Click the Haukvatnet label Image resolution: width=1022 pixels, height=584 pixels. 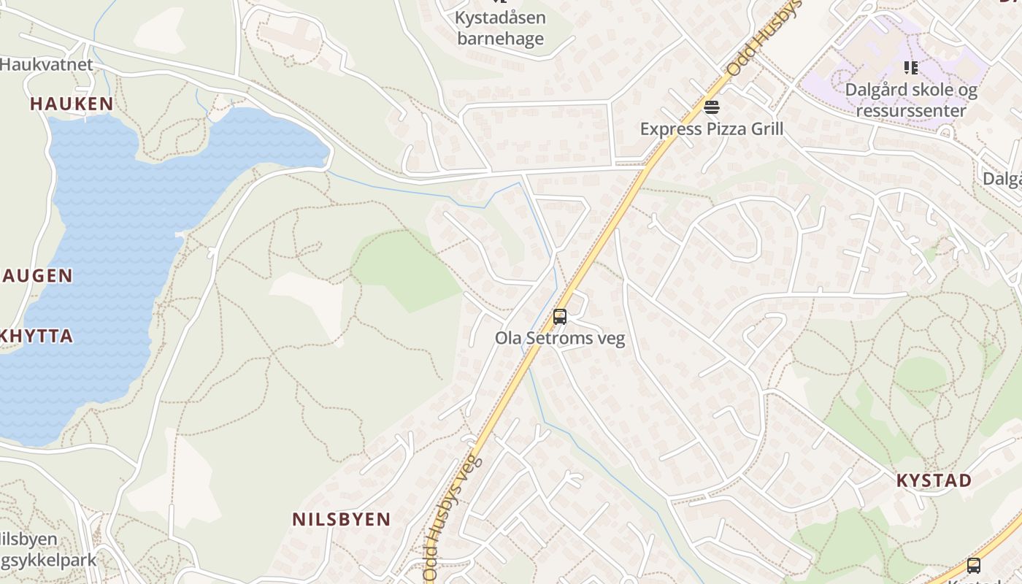[x=47, y=64]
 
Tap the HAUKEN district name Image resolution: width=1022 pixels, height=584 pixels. [x=72, y=104]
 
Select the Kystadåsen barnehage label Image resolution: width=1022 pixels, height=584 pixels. [x=500, y=28]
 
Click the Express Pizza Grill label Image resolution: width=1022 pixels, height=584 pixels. [x=711, y=129]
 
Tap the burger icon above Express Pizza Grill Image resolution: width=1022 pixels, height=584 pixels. [x=712, y=108]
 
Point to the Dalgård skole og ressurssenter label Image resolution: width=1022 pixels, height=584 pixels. [x=910, y=100]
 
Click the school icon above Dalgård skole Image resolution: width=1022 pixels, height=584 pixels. [x=910, y=68]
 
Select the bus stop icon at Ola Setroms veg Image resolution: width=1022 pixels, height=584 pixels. [x=560, y=317]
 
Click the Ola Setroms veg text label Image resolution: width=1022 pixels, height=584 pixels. [x=560, y=339]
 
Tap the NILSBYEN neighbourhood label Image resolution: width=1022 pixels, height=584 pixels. [x=342, y=520]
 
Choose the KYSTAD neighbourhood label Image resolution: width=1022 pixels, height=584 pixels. [x=934, y=480]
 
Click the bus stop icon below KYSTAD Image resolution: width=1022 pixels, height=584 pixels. [x=973, y=565]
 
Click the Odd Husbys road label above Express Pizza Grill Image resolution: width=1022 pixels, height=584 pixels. [x=764, y=38]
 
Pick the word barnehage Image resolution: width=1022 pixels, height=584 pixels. [x=500, y=38]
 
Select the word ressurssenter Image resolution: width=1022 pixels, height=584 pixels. [x=910, y=111]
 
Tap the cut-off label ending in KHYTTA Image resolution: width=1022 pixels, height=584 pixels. [x=36, y=337]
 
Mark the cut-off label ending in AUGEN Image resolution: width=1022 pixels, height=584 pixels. [x=36, y=276]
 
